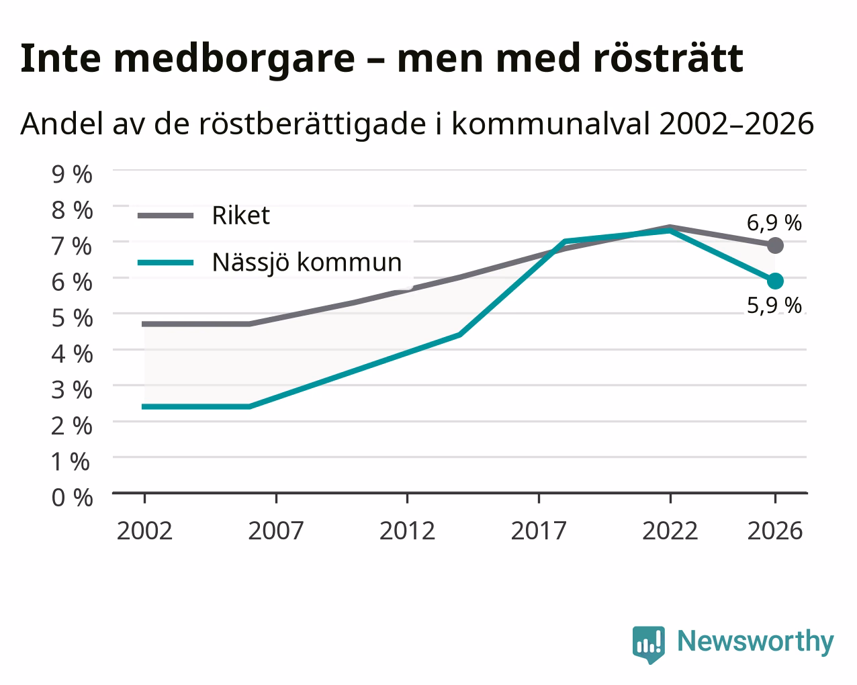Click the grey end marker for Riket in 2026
pos(775,245)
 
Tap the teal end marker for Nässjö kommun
pos(775,281)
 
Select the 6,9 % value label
pos(774,223)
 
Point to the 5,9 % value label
pos(774,306)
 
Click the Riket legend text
pos(241,216)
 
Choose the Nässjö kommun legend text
pos(307,263)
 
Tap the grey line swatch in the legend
pos(166,216)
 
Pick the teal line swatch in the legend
pos(166,263)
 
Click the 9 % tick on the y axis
pos(72,175)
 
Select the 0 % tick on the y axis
pos(72,498)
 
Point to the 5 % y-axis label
pos(72,318)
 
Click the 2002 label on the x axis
pos(144,531)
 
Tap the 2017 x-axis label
pos(539,531)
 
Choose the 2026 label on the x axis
pos(775,531)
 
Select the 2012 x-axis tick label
pos(408,531)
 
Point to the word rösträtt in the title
pos(668,58)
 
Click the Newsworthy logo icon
pos(649,645)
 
